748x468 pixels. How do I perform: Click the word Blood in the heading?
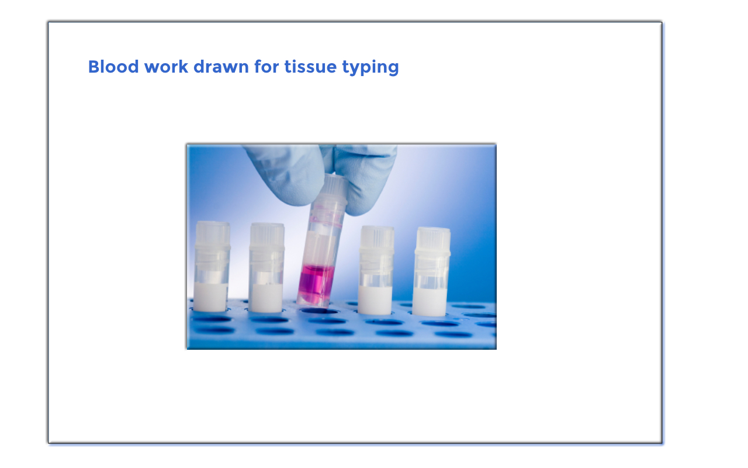pos(113,67)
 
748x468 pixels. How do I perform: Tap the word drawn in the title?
pos(221,67)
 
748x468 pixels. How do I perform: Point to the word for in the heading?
pos(266,67)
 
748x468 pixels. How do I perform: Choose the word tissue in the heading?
pos(310,67)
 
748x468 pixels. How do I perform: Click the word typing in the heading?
pos(370,68)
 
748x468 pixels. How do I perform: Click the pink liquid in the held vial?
pos(316,283)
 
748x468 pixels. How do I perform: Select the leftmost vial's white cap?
pos(213,233)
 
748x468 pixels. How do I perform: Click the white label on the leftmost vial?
pos(211,297)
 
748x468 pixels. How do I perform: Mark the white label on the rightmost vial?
pos(430,301)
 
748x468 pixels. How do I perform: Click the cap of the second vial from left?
pos(267,236)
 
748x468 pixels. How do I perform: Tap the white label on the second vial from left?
pos(266,298)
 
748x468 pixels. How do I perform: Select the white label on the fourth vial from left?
pos(375,300)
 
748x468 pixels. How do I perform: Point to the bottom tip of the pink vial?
pos(312,305)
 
